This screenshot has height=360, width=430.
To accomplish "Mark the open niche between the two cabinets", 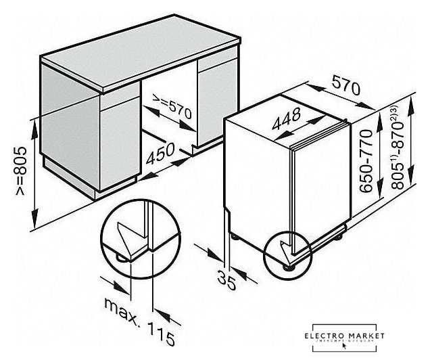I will pos(169,122).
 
